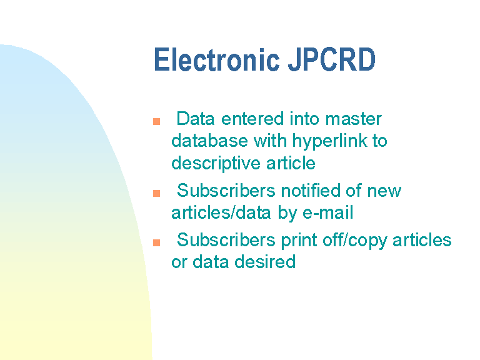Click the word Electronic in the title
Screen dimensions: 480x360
(217, 59)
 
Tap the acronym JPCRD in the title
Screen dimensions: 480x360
(332, 59)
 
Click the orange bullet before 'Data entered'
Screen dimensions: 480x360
(156, 121)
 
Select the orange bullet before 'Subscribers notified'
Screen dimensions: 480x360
(156, 194)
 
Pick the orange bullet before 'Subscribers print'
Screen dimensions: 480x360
(156, 242)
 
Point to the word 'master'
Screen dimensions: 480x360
(353, 119)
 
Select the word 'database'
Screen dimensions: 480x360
(209, 141)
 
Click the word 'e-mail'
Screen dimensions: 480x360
(327, 212)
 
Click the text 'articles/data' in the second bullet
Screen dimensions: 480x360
(221, 212)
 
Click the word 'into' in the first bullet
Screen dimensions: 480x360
(304, 119)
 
